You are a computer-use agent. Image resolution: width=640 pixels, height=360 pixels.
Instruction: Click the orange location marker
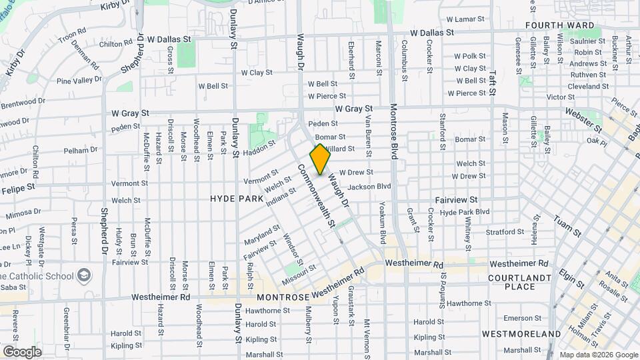(x=320, y=159)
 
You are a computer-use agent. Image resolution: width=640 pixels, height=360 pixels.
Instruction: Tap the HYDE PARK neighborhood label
(x=237, y=199)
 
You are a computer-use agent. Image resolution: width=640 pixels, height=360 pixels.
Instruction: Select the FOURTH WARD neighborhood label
(x=559, y=25)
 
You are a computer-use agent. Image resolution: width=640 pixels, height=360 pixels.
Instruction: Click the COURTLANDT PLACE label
(x=520, y=282)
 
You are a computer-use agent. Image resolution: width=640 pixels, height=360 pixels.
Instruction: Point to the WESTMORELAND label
(x=521, y=333)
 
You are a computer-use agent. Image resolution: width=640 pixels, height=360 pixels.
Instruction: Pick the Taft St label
(x=493, y=73)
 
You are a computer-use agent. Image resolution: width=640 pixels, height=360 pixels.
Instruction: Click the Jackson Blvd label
(x=369, y=187)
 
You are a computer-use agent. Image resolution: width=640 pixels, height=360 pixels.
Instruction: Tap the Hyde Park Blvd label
(x=465, y=211)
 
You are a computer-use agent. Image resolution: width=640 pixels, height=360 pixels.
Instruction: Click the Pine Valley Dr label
(x=79, y=81)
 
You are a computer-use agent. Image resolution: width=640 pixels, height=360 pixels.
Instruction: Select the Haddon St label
(x=259, y=150)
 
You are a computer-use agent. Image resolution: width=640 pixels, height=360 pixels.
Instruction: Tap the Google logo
(x=22, y=352)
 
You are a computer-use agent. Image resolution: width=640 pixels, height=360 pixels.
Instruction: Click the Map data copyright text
(x=598, y=355)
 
